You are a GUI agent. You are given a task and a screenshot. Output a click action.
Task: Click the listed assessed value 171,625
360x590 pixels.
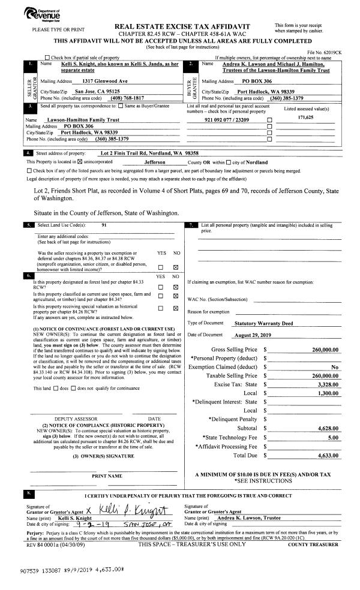click(307, 118)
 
